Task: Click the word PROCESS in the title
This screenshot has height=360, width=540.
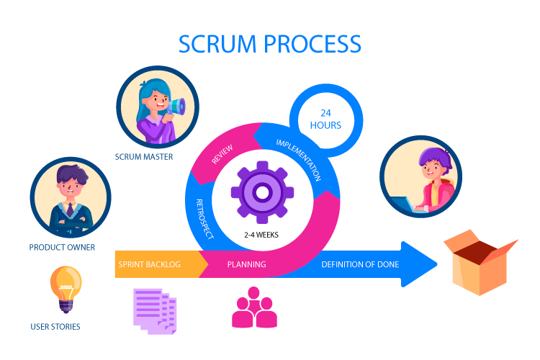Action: (313, 44)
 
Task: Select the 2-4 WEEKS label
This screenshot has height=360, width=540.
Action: (261, 235)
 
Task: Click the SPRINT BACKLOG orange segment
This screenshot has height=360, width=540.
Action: (149, 264)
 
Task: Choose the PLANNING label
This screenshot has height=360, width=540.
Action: (246, 264)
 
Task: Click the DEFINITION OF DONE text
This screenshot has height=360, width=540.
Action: (360, 264)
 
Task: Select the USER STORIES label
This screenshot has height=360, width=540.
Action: (55, 327)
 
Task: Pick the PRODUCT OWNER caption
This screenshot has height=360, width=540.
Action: (62, 248)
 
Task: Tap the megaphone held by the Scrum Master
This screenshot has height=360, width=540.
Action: (176, 108)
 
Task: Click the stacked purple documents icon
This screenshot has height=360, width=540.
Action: (154, 310)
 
